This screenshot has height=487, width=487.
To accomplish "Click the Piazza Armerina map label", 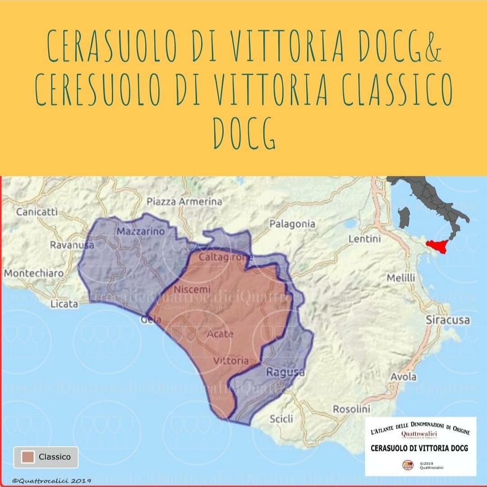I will click(184, 202).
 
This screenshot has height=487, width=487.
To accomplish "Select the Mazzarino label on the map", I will click(141, 232).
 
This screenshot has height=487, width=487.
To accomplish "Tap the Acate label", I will click(221, 334).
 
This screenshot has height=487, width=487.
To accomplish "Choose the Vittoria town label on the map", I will click(230, 361).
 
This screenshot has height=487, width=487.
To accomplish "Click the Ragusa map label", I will click(285, 372).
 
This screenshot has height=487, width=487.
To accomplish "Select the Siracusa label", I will click(448, 320).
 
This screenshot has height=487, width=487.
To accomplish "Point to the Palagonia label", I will click(292, 224).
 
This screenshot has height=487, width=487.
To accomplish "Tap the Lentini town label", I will click(364, 239).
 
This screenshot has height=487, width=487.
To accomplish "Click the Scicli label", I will click(281, 419).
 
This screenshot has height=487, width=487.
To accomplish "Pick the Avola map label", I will click(403, 377).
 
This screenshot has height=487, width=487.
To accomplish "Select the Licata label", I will click(64, 304).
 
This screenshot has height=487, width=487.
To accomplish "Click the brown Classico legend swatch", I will click(28, 457).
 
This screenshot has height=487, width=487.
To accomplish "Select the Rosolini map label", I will click(351, 409).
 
